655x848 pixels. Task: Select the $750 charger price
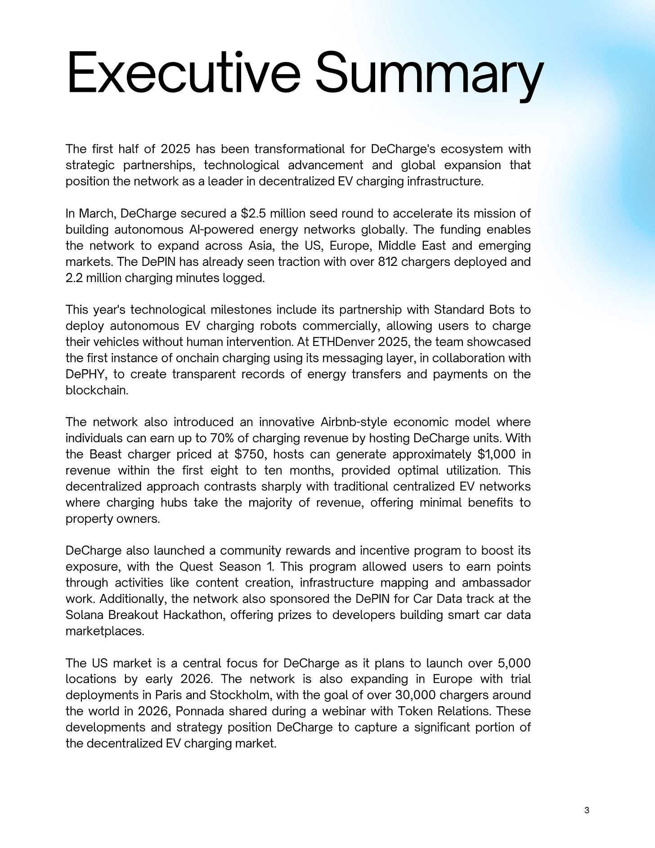(249, 454)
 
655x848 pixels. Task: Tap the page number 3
(587, 811)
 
